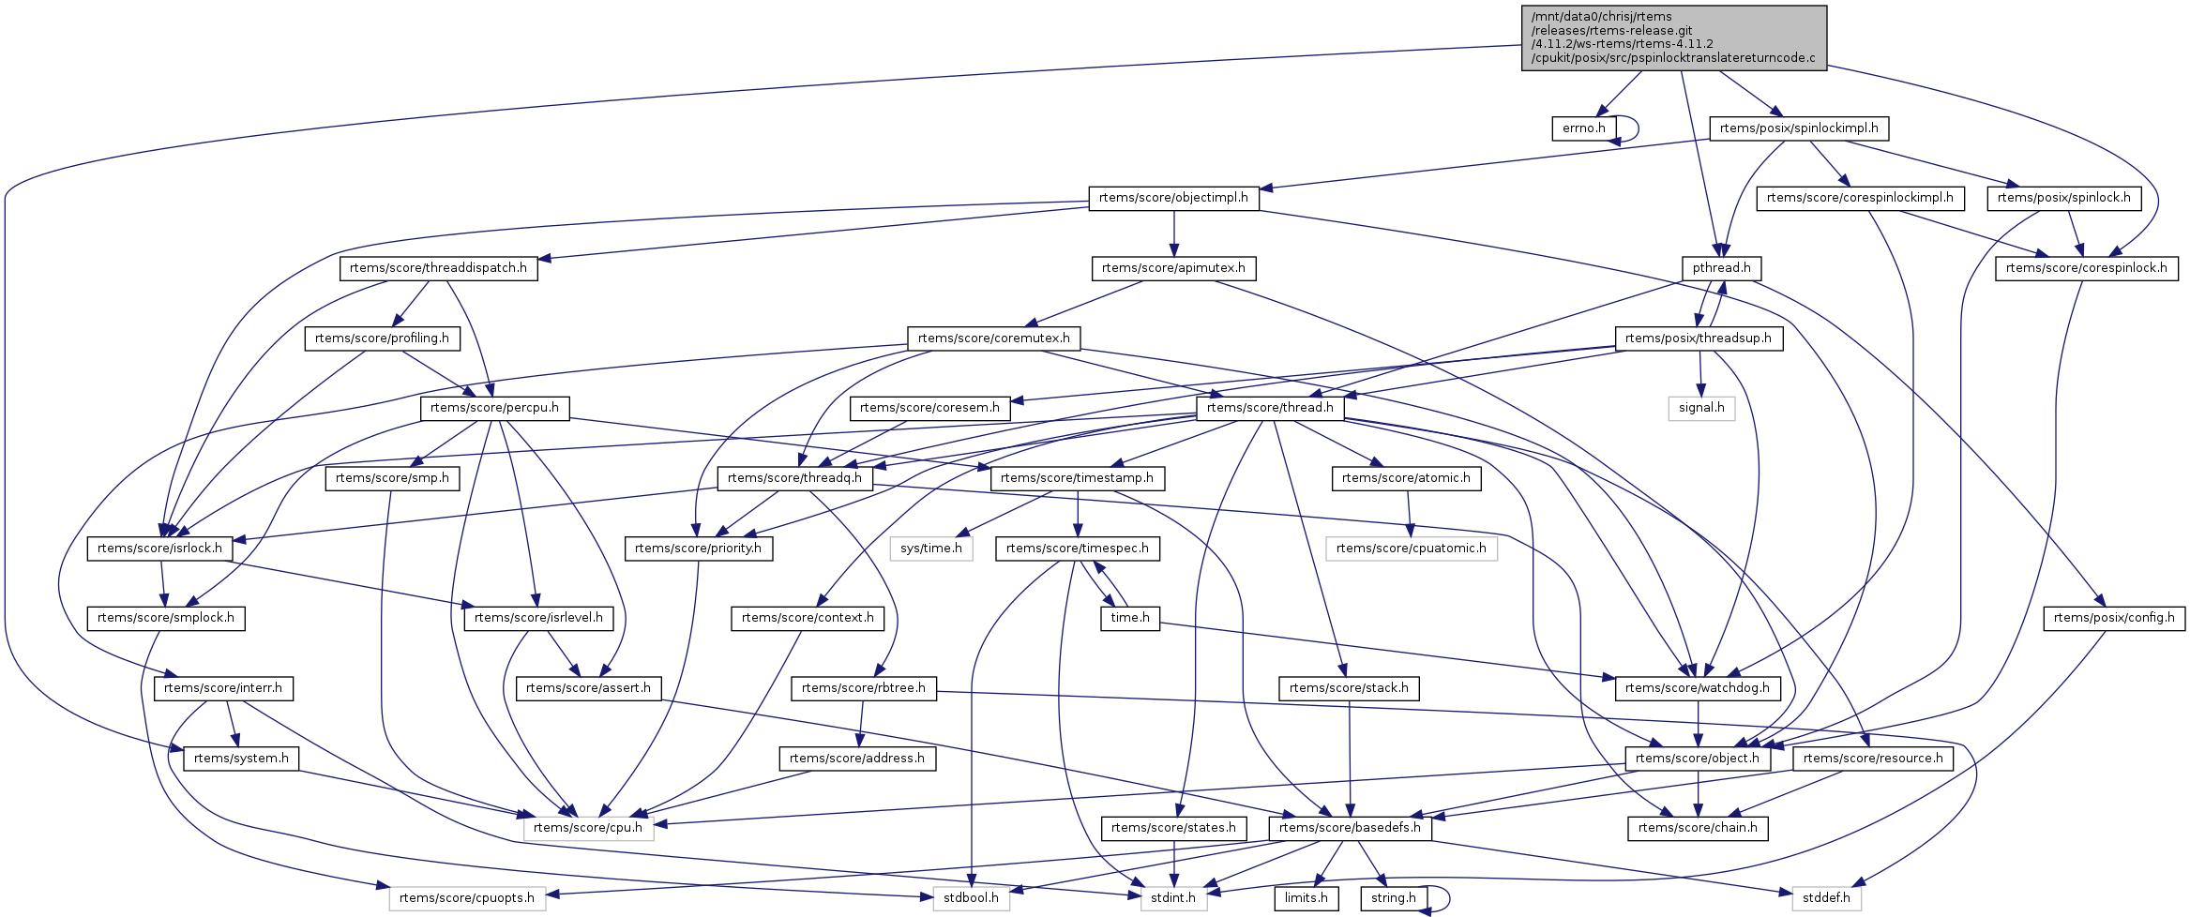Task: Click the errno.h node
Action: (x=1583, y=128)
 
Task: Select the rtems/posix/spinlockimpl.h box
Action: (x=1798, y=128)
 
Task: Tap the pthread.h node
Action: (x=1721, y=268)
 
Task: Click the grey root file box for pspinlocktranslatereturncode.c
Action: (x=1673, y=38)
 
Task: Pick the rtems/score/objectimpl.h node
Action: (x=1173, y=198)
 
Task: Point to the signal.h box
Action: (x=1701, y=408)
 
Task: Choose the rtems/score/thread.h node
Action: (x=1270, y=408)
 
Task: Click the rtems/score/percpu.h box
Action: (x=494, y=408)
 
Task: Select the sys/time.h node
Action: (x=930, y=549)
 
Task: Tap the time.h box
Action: (x=1129, y=618)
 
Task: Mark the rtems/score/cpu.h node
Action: (x=588, y=828)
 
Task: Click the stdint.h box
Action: (x=1172, y=898)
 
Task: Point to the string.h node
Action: (x=1393, y=898)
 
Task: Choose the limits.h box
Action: (x=1306, y=898)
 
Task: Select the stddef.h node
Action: (x=1826, y=898)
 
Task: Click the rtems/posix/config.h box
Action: (x=2113, y=618)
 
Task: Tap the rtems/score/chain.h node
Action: (x=1697, y=828)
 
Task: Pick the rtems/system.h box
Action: (x=241, y=759)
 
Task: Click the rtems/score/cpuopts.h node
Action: (x=466, y=898)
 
